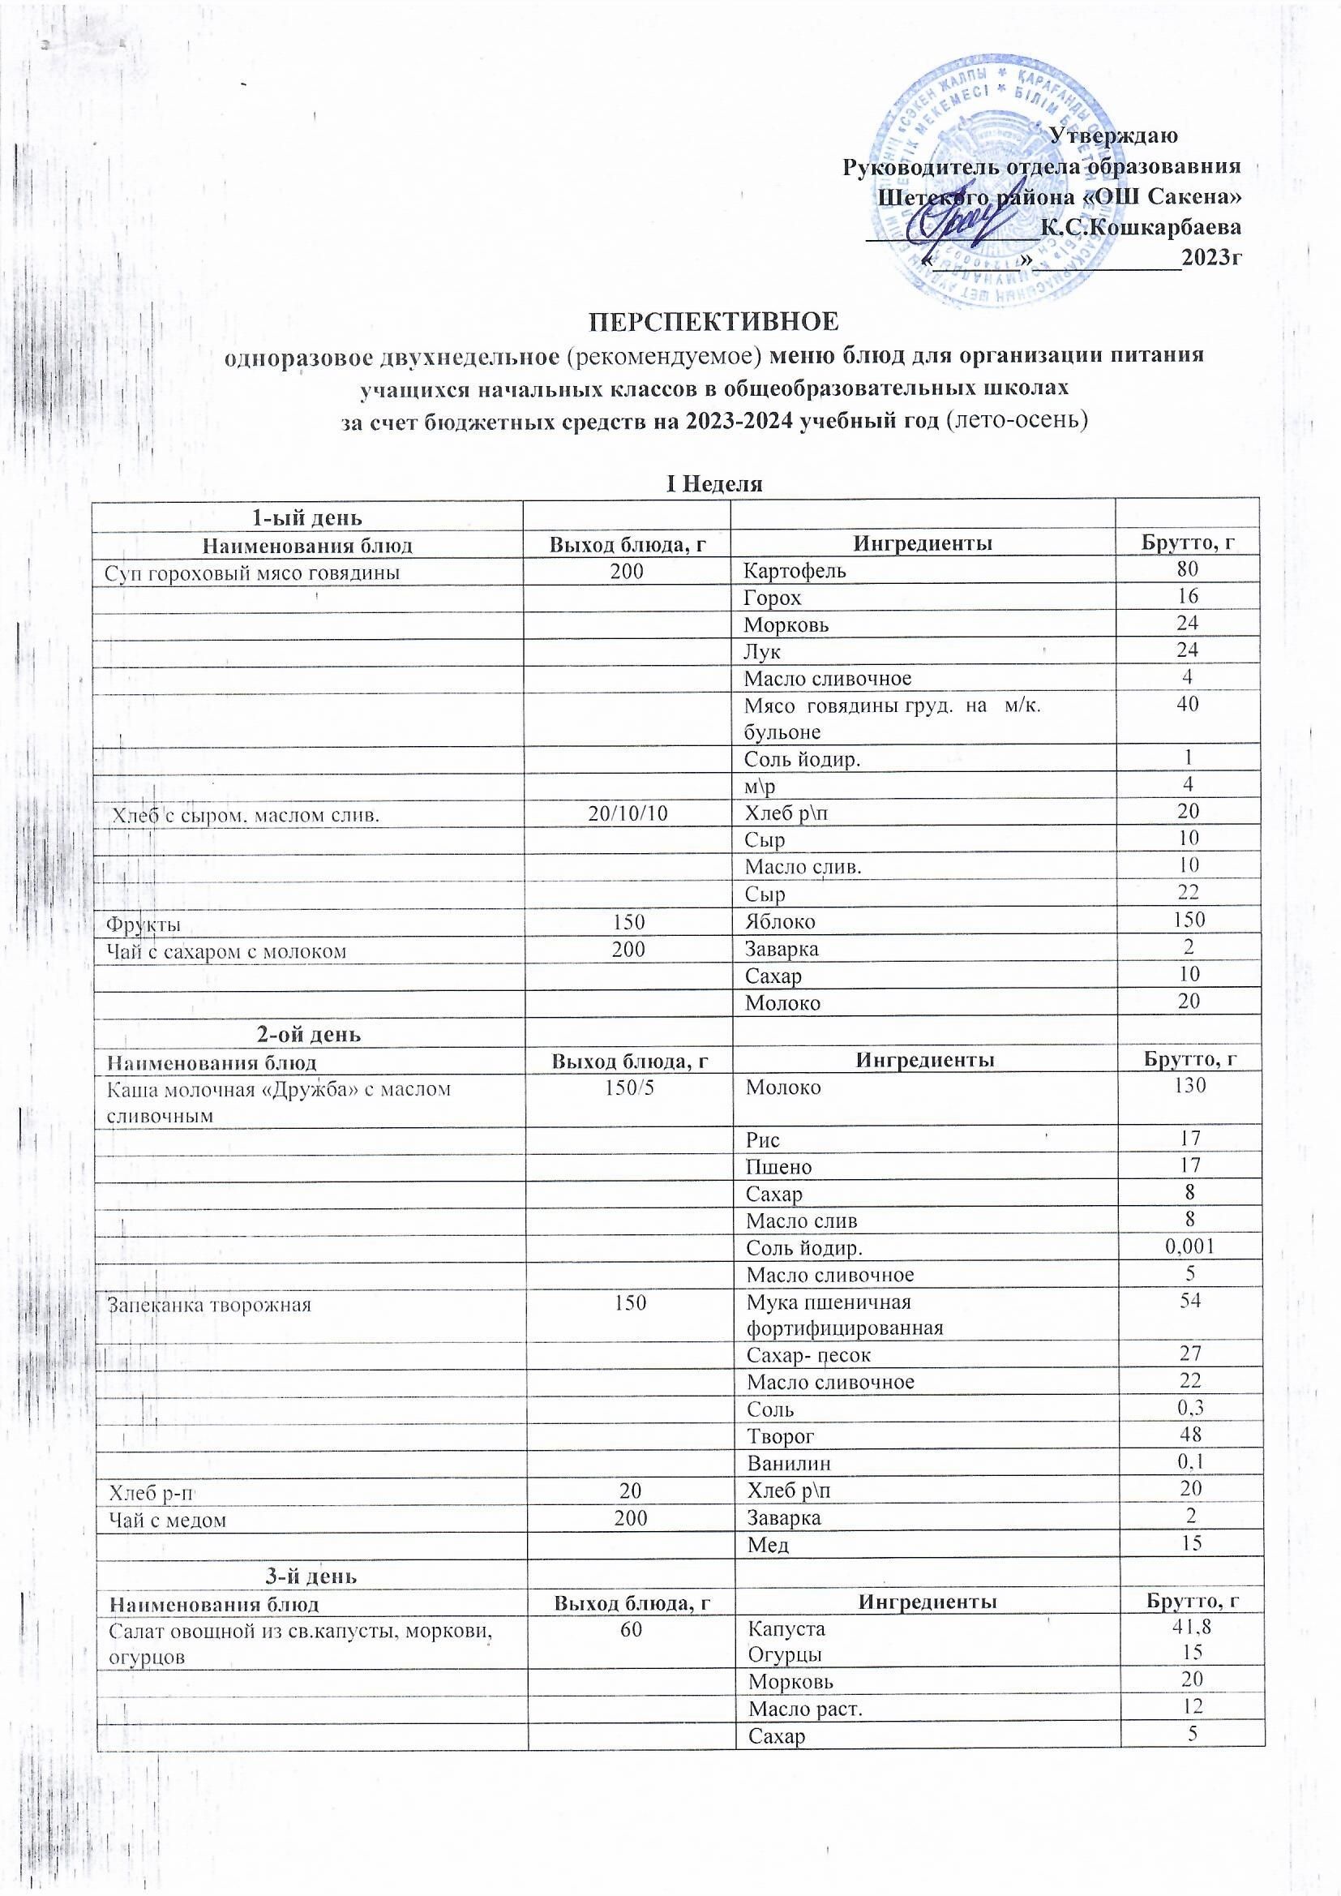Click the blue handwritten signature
point(958,223)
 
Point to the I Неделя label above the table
point(714,484)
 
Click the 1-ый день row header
point(307,517)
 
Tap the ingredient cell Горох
point(773,597)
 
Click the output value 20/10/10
point(628,813)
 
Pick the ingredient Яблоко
point(780,920)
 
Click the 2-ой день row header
point(306,1034)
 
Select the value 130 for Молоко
point(1188,1085)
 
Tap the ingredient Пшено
point(778,1167)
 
